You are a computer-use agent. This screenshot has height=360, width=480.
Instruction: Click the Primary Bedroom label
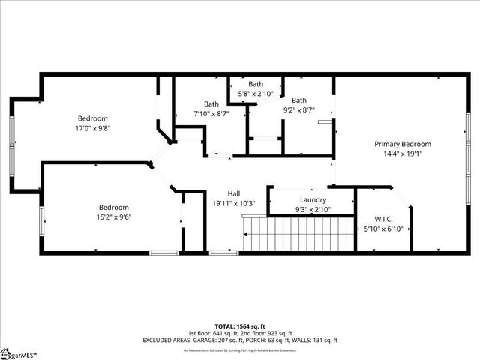[403, 144]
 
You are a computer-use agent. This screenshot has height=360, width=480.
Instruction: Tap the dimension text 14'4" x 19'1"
[403, 154]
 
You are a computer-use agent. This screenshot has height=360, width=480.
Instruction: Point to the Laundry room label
[312, 199]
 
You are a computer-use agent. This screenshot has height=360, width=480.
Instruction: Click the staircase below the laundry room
[300, 233]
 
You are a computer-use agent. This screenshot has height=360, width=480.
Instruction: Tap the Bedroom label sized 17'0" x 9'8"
[93, 118]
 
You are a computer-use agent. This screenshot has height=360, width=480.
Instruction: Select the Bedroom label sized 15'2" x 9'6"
[114, 207]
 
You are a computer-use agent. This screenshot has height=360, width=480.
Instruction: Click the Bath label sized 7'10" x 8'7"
[211, 104]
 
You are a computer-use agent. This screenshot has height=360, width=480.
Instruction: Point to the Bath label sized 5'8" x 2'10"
[256, 84]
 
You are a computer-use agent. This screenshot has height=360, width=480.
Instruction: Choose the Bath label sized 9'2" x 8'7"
[299, 100]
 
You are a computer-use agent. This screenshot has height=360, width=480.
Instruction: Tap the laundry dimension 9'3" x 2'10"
[312, 210]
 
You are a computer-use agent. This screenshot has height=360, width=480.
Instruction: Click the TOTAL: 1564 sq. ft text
[240, 325]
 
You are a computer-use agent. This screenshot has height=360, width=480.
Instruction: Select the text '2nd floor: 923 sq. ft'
[263, 332]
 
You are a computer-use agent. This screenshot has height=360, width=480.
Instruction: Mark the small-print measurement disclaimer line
[240, 349]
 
